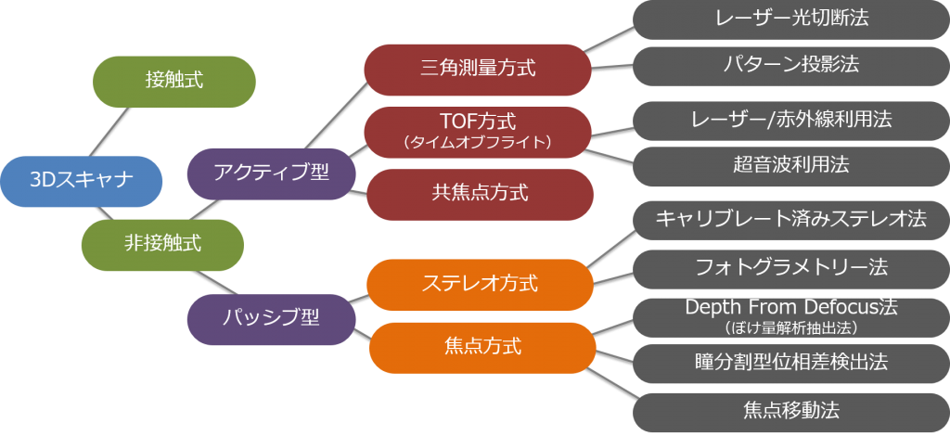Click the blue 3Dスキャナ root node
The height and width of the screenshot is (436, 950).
point(82,181)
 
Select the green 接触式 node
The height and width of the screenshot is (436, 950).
point(173,82)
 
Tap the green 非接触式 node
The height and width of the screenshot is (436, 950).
point(162,245)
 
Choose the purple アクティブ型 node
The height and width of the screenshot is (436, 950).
point(271,173)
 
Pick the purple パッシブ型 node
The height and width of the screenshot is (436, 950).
point(271,319)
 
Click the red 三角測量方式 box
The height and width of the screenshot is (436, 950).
point(478,69)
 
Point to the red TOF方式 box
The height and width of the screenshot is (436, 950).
point(478,132)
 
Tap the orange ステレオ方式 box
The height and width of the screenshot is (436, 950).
point(480,285)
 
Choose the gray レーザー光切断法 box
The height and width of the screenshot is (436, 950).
point(791,19)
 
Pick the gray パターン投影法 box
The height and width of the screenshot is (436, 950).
point(791,66)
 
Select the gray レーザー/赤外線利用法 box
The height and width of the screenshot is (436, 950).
point(791,121)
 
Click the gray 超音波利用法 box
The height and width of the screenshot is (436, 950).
point(791,166)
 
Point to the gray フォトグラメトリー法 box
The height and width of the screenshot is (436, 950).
point(791,269)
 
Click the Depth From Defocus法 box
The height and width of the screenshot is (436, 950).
point(791,317)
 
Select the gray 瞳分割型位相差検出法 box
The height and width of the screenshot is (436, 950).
point(791,364)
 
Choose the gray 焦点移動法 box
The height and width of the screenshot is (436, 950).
point(791,413)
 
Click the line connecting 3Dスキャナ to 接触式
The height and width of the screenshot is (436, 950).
point(109,132)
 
